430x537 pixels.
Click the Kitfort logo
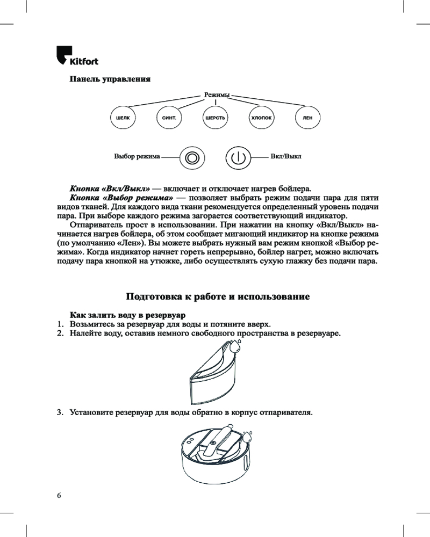click(77, 56)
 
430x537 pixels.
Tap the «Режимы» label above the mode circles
click(216, 95)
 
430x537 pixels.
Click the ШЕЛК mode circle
click(123, 117)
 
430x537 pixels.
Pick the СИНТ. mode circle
click(169, 117)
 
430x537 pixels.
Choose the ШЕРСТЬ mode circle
click(216, 117)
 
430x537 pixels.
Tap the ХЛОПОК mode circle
click(262, 117)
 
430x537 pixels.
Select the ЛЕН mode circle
click(308, 117)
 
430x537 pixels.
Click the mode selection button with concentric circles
click(191, 158)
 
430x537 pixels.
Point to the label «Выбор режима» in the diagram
click(137, 158)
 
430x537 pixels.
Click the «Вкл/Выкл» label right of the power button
click(286, 158)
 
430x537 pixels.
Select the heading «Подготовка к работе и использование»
click(218, 297)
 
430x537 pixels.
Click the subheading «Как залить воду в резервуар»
click(128, 314)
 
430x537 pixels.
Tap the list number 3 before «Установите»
click(60, 413)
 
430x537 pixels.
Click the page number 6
click(59, 495)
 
